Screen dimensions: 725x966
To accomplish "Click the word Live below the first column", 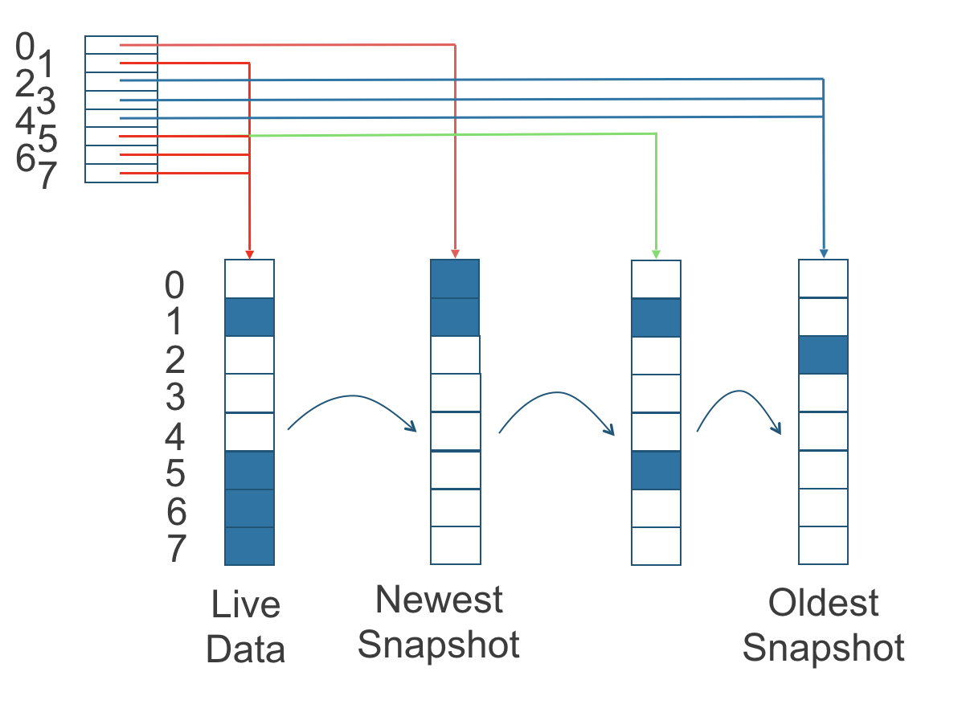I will pos(246,604).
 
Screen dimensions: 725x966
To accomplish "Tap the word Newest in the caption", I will pos(439,600).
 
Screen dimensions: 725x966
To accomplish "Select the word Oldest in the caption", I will pos(824,603).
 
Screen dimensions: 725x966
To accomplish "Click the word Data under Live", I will pos(246,649).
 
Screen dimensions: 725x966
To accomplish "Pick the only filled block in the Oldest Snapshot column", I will pos(823,355).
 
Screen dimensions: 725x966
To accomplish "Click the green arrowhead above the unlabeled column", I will pos(657,254).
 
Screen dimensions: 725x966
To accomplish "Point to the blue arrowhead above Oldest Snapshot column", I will pos(823,254).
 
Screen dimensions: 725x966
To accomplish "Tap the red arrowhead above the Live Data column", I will pos(250,254).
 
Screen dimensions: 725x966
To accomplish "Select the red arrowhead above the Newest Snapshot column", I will pos(455,254).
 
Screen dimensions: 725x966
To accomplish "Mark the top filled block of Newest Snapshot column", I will pos(455,279).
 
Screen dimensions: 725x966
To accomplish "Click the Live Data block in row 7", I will pos(249,547).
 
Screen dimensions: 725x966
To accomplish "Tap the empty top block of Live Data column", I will pos(249,279).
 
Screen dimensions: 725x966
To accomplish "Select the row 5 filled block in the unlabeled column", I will pos(656,470).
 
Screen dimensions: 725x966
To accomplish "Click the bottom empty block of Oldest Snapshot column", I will pos(823,546).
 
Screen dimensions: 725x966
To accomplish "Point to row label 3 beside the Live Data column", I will pos(174,398).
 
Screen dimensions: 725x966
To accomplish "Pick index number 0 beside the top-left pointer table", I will pos(25,47).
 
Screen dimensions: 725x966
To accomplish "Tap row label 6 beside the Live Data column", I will pos(176,512).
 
